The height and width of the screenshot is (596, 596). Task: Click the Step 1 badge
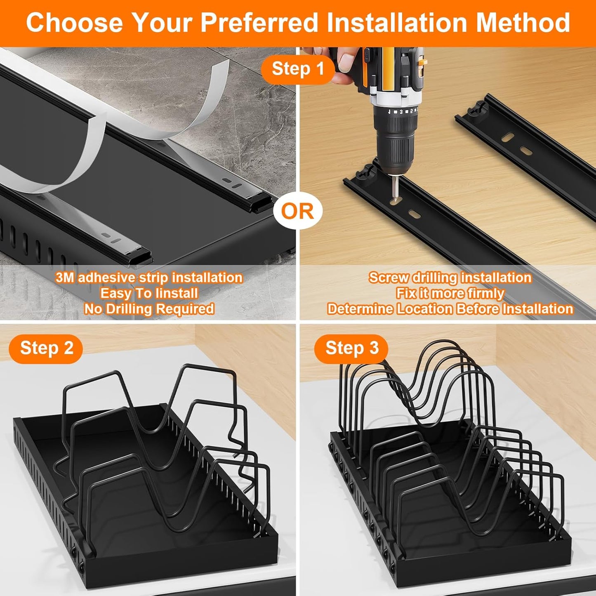[x=298, y=69]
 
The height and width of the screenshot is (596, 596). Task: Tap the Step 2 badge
[x=46, y=349]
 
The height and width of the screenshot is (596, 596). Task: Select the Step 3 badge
[x=351, y=349]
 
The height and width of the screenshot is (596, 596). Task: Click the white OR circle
[x=297, y=211]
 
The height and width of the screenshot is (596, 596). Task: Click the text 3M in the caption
[x=65, y=278]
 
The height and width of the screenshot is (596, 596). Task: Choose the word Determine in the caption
[x=360, y=309]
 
